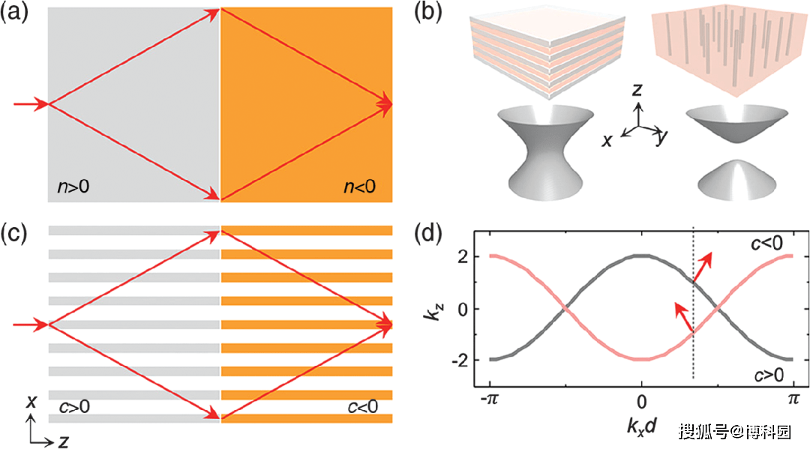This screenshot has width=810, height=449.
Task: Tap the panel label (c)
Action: coord(14,233)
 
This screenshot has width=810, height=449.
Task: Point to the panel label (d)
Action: coord(428,233)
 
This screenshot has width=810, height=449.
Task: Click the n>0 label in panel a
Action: coord(73,187)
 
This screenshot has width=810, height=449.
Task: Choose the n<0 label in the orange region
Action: coord(360,187)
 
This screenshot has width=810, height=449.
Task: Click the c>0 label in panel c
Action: coord(74,407)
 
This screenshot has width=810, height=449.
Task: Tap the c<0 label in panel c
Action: coord(363,407)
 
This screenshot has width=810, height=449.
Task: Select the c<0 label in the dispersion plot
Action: coord(767,243)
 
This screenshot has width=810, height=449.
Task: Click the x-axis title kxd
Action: coord(641,427)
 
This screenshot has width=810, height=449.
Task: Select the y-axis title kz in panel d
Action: coord(432,309)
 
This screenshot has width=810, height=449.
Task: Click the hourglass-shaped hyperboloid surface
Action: coord(546,153)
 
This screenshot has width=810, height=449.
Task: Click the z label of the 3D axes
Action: coord(637,90)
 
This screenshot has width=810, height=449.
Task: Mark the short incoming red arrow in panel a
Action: coord(31,104)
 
